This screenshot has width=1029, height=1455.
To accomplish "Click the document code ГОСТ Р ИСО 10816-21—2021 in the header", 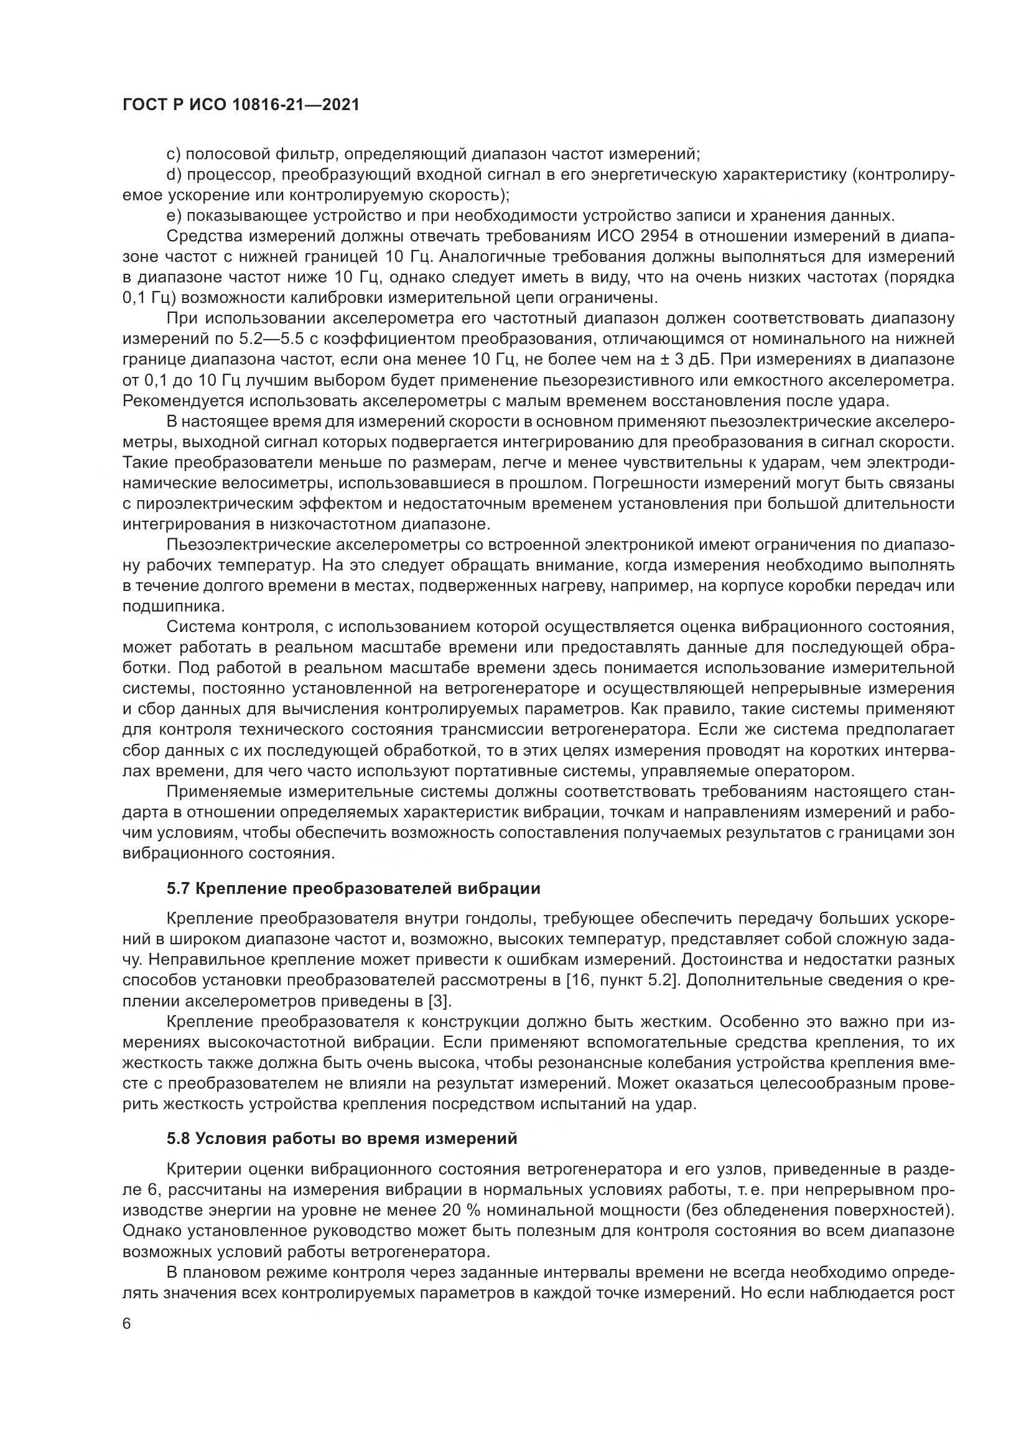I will pos(241,105).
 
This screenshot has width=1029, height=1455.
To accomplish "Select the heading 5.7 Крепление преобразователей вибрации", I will pos(353,888).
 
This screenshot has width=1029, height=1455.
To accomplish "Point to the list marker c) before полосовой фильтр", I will pos(174,154).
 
